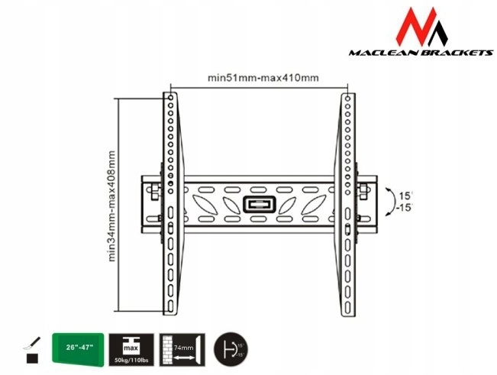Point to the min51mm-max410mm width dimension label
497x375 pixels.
click(263, 78)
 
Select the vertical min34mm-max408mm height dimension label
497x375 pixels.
click(112, 205)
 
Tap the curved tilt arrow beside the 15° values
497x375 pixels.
click(389, 200)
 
